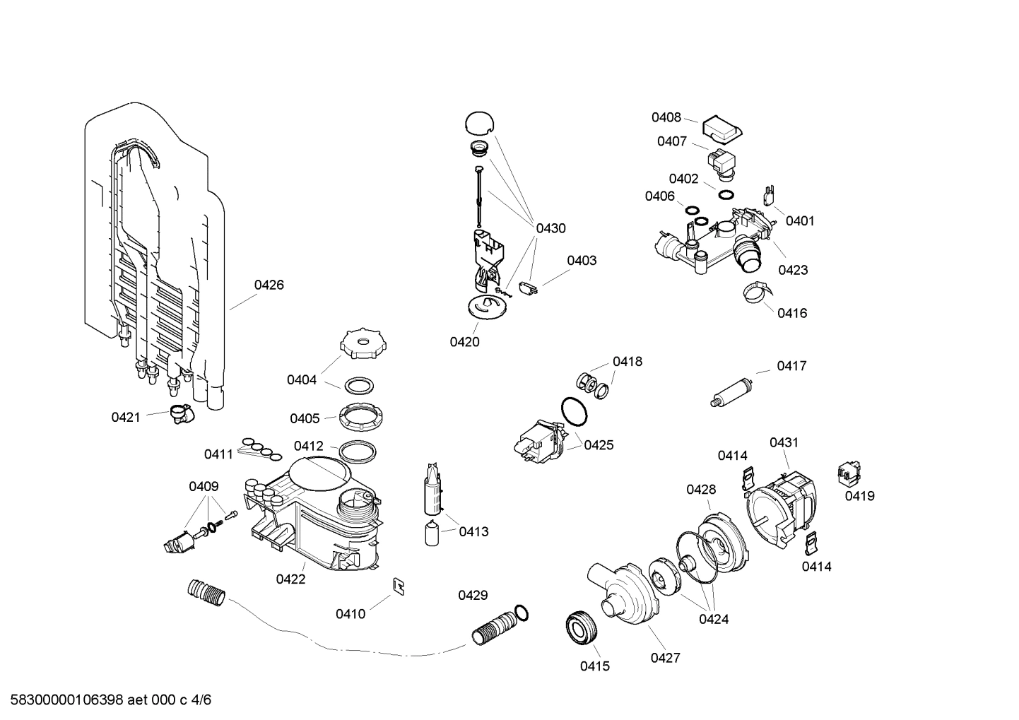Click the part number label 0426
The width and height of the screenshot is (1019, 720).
[269, 285]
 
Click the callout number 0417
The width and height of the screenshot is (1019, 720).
[791, 366]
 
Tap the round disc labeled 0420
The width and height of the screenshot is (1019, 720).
[487, 308]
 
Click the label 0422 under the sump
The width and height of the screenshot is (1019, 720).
[290, 579]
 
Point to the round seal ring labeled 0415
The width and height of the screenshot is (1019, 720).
[582, 628]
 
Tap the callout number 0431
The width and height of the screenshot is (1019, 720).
[784, 443]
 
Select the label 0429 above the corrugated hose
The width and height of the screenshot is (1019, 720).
[473, 596]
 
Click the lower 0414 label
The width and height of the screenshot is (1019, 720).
[816, 567]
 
